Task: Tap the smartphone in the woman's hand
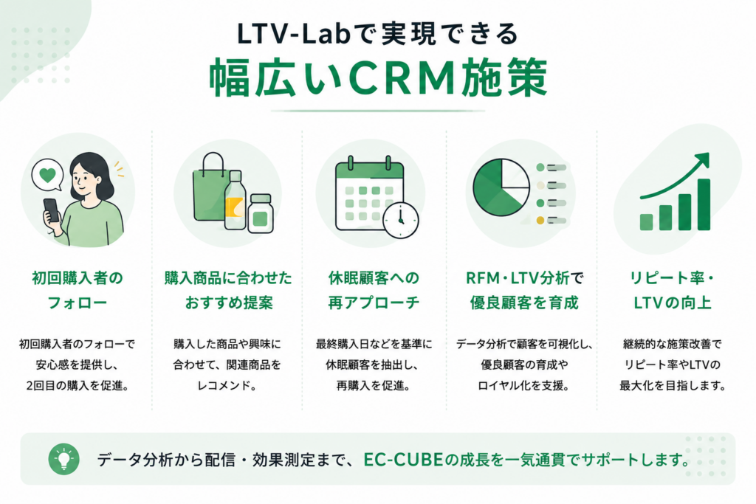(52, 210)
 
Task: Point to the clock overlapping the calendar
(401, 221)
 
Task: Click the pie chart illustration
(501, 188)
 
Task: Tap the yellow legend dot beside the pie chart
(540, 220)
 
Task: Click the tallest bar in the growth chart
(704, 204)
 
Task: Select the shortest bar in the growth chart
(646, 222)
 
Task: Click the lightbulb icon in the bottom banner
(63, 459)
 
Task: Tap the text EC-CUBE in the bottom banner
(403, 459)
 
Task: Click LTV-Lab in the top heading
(293, 34)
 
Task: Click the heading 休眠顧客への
(374, 278)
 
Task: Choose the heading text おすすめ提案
(229, 303)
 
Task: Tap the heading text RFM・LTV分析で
(525, 278)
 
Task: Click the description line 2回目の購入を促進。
(77, 385)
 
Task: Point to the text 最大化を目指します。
(673, 385)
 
